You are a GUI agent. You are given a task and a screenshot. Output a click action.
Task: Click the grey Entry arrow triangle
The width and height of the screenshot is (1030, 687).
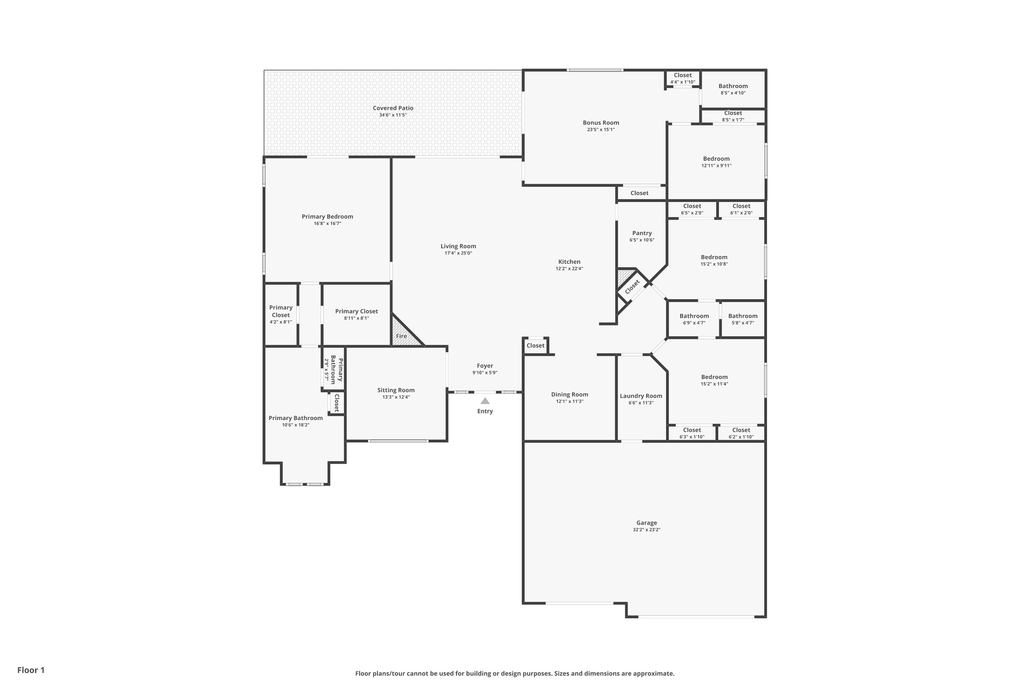485,401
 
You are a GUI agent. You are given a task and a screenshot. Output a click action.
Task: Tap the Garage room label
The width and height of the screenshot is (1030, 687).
646,523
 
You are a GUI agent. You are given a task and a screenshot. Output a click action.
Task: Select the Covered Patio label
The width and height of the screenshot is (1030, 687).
393,108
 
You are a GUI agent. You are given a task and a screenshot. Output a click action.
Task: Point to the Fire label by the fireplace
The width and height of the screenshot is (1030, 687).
401,336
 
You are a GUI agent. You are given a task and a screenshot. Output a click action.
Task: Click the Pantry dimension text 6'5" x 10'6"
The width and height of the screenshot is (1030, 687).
642,240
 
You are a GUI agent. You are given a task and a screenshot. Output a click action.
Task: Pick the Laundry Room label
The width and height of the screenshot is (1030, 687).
641,396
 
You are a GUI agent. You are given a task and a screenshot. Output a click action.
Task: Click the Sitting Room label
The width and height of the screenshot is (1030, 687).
396,390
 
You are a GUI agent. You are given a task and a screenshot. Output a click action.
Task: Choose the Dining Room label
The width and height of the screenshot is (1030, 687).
569,394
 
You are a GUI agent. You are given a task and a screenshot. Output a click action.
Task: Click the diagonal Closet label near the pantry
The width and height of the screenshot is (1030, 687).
632,287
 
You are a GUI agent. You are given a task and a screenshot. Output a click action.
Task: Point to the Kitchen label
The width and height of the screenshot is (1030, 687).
569,261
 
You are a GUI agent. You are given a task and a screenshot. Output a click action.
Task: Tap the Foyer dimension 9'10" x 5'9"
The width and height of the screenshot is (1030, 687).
485,373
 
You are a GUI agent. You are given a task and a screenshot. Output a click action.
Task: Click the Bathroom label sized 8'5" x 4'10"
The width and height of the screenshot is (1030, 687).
733,86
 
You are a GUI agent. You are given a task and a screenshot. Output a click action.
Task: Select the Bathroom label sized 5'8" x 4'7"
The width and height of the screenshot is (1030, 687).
743,316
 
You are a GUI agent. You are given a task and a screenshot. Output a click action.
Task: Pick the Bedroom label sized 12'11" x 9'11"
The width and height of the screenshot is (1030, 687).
717,159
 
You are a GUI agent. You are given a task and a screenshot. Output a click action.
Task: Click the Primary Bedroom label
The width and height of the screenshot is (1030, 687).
327,216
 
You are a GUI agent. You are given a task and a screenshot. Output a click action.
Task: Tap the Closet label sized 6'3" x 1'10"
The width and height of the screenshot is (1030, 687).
692,430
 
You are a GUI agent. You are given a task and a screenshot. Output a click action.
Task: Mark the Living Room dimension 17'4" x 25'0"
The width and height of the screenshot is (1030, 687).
458,253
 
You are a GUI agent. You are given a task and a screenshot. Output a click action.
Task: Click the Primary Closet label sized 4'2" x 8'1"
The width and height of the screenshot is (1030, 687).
281,311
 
